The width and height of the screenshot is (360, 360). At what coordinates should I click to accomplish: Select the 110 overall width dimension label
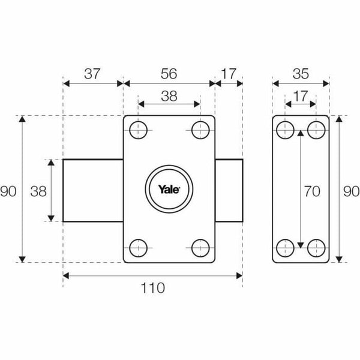[x=153, y=289]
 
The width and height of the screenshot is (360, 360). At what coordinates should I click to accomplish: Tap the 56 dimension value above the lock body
[x=169, y=74]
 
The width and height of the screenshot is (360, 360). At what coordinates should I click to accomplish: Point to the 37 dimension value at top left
[x=92, y=74]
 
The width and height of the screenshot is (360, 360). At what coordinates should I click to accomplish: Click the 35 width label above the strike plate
[x=301, y=74]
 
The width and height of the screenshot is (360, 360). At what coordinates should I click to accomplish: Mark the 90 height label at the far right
[x=351, y=191]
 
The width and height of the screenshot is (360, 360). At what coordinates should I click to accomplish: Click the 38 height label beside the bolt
[x=38, y=191]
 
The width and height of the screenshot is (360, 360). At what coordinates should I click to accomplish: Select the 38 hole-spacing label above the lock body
[x=169, y=94]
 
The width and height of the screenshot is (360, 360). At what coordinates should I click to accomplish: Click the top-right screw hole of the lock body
[x=200, y=129]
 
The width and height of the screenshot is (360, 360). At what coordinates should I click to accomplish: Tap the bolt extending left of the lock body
[x=93, y=190]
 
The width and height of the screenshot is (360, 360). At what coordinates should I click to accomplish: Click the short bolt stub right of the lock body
[x=229, y=190]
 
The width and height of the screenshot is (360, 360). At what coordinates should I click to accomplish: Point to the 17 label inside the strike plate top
[x=301, y=94]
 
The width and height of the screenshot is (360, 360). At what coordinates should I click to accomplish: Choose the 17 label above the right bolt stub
[x=229, y=74]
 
